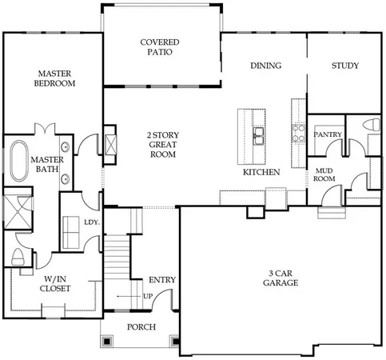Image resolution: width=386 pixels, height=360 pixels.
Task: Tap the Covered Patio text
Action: tap(159, 46)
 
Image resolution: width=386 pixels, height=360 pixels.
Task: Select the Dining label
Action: tap(265, 66)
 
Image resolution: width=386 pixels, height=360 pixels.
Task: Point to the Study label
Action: tap(345, 66)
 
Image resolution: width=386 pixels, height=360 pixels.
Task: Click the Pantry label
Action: tap(327, 135)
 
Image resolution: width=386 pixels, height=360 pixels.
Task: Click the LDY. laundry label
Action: tap(91, 223)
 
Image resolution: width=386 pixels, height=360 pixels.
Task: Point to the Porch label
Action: tap(141, 327)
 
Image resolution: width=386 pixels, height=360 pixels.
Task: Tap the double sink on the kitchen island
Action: tap(258, 138)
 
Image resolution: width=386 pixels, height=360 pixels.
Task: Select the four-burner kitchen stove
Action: tap(298, 131)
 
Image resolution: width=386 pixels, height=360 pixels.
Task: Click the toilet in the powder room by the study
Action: tap(371, 124)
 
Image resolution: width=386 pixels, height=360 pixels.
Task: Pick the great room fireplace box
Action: tap(110, 145)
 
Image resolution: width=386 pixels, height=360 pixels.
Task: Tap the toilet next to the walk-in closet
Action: tap(18, 257)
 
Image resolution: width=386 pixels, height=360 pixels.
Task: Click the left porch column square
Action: tap(107, 340)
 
